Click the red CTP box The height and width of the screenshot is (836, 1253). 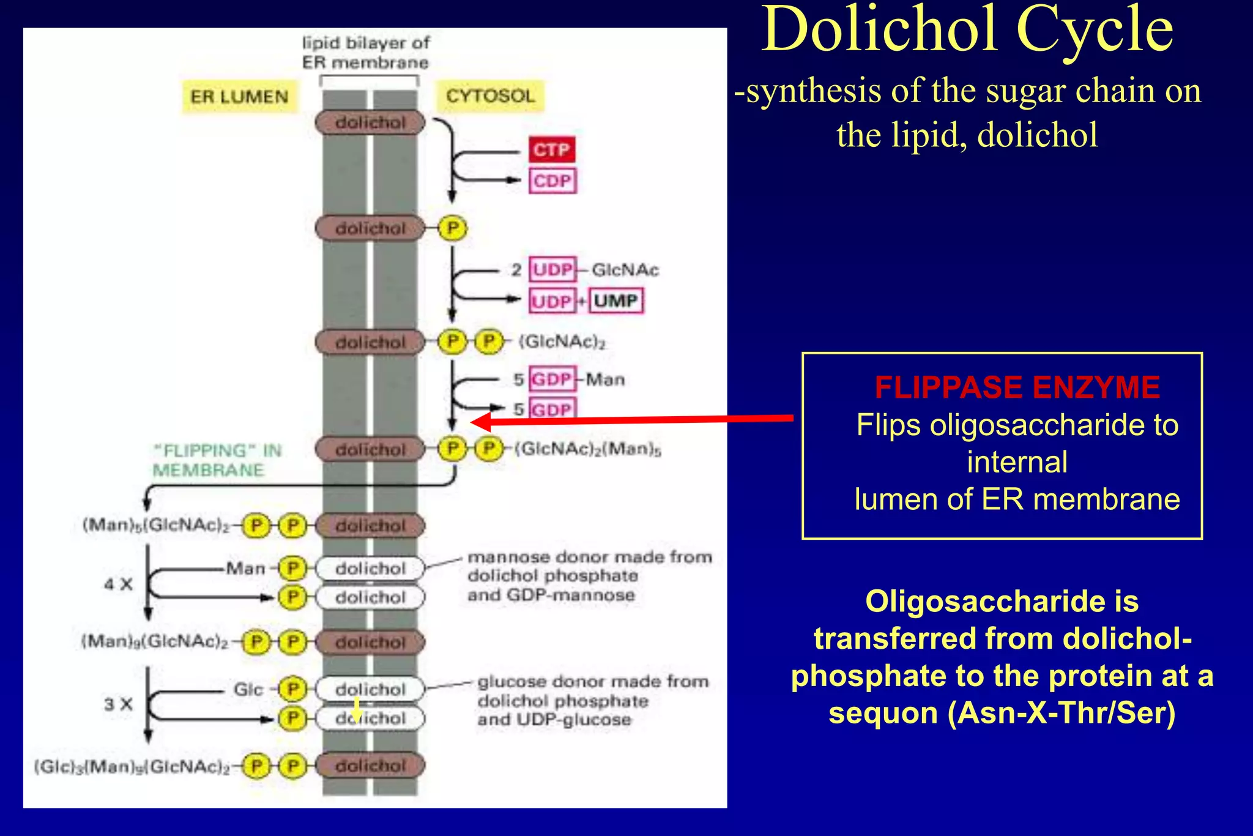click(x=552, y=149)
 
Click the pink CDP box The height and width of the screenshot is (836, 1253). click(x=552, y=181)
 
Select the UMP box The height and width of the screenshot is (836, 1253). click(x=616, y=300)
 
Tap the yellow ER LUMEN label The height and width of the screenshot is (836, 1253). click(x=239, y=97)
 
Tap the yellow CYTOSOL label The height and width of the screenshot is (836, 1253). click(x=490, y=96)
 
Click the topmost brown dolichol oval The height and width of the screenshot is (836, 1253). click(x=370, y=122)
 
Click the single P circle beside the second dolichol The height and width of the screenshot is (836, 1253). click(x=453, y=228)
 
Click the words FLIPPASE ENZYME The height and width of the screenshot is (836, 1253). click(x=1017, y=387)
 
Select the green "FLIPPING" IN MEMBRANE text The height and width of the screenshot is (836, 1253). click(x=217, y=460)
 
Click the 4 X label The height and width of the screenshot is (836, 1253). click(x=118, y=584)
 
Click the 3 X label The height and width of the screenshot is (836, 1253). click(x=118, y=704)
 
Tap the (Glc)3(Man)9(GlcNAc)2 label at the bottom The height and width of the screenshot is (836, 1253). click(x=132, y=767)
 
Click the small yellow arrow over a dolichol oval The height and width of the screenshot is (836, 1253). click(x=357, y=711)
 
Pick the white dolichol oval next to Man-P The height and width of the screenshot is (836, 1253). click(x=370, y=569)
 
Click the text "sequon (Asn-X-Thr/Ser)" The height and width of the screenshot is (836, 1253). click(x=1002, y=713)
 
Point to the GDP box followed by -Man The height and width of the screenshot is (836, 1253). click(x=552, y=379)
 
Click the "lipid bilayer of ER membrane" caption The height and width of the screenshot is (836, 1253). click(x=365, y=53)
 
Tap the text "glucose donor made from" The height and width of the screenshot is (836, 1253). click(x=592, y=682)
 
